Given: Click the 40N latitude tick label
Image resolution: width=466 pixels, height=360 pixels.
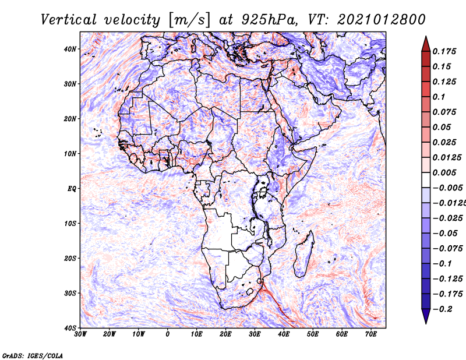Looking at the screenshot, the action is pos(70,49).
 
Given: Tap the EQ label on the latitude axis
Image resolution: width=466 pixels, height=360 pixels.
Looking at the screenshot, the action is pos(72,189).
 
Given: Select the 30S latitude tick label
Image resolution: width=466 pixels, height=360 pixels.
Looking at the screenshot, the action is pos(70,294).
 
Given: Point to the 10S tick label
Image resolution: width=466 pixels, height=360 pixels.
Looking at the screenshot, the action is pos(70,224).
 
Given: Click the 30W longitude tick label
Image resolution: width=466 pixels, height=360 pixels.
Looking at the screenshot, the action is pos(80,334).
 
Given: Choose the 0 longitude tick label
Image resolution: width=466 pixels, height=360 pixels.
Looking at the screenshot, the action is pos(168,334).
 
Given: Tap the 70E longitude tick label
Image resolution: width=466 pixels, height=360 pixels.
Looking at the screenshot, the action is pos(371,334).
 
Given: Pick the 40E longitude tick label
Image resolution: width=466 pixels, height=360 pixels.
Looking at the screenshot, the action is pos(284,334).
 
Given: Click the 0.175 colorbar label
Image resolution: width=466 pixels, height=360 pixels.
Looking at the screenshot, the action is pos(444,52).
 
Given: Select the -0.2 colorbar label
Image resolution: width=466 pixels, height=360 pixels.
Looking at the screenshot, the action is pos(443,309).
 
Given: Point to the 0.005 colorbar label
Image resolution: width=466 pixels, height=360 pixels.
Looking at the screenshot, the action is pos(444,172).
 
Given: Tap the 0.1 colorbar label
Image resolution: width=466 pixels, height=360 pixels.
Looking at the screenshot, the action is pos(439,97).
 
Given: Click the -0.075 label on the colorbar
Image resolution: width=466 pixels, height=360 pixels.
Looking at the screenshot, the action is pos(448,249).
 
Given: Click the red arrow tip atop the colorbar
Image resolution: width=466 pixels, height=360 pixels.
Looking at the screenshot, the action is pos(426,37).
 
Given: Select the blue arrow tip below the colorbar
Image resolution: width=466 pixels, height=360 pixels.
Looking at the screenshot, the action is pos(426,323).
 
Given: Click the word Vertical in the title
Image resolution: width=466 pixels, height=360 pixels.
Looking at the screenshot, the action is pos(69,20).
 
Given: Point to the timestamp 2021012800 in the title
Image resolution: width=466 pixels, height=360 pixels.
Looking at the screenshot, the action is pos(382,20).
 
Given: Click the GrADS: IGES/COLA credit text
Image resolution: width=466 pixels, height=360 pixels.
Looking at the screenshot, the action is pos(33,356).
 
